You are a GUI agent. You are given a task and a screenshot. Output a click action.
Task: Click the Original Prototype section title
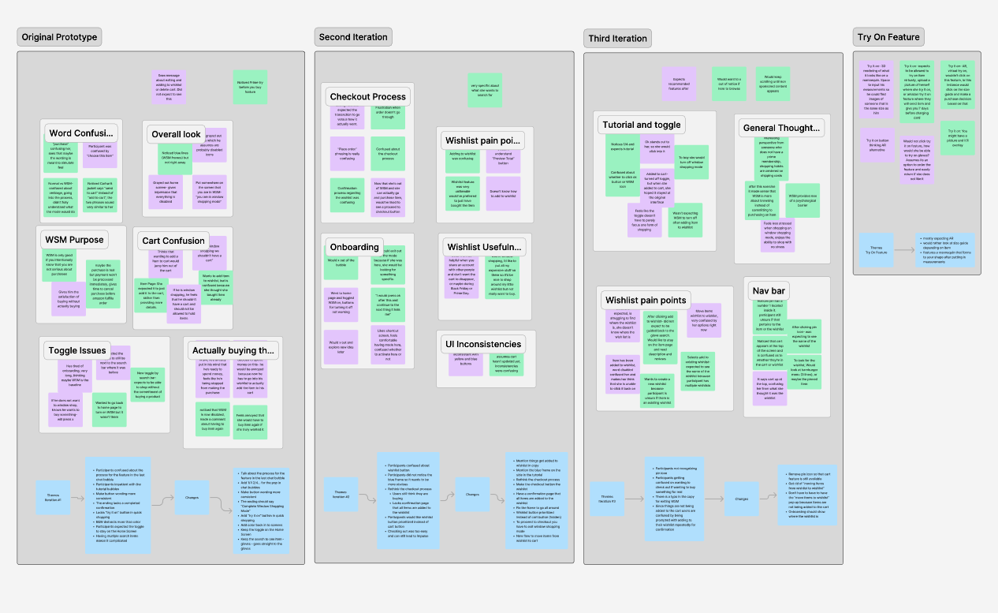tap(59, 37)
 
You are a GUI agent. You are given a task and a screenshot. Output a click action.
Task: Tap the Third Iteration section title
tap(617, 39)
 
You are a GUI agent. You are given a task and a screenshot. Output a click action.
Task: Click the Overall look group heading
tap(177, 134)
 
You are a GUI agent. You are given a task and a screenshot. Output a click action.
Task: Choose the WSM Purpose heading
tap(74, 239)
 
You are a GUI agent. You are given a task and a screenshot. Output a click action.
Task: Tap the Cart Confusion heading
tap(173, 241)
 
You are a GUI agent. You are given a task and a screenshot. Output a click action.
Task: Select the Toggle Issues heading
tap(77, 350)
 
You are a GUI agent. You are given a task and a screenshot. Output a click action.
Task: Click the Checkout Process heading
tap(367, 97)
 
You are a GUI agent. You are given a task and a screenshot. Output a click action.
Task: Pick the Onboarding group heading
tap(355, 247)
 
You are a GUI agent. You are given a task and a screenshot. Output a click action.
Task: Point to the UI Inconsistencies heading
tap(482, 344)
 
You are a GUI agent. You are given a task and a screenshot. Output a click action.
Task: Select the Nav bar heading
tap(768, 292)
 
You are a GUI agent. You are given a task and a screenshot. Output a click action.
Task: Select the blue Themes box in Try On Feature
tap(876, 251)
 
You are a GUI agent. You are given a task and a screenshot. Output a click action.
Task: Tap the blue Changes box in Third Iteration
tap(742, 499)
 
